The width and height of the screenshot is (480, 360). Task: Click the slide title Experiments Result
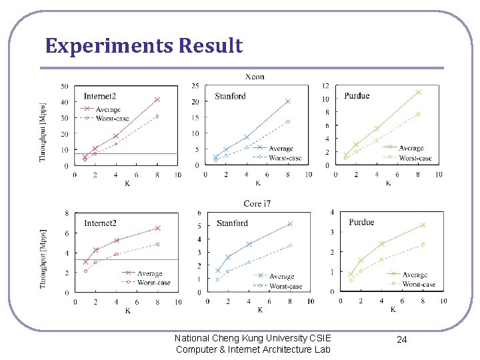tap(144, 46)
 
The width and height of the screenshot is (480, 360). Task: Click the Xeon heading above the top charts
tap(255, 77)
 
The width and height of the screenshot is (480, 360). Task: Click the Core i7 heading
tap(257, 203)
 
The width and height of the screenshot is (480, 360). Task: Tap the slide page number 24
tap(401, 339)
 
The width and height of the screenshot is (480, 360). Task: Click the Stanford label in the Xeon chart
tap(230, 96)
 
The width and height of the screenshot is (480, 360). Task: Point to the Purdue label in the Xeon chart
tap(357, 96)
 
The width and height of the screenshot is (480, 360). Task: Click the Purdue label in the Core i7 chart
tap(361, 222)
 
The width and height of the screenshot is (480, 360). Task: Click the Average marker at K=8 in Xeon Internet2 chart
tap(157, 99)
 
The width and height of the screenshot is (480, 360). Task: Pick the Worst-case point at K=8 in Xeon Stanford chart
tap(288, 122)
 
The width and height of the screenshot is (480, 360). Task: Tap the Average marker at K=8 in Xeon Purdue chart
tap(419, 92)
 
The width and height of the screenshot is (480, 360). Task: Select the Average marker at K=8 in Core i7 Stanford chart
tap(290, 224)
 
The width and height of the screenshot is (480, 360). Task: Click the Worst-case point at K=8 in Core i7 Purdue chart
tap(423, 245)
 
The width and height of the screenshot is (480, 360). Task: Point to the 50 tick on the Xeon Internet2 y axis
tap(64, 86)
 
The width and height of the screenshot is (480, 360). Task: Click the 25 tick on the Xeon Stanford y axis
tap(195, 85)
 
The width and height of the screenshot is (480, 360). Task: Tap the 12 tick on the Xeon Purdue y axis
tap(325, 86)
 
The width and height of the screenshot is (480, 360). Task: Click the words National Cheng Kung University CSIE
tap(253, 338)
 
